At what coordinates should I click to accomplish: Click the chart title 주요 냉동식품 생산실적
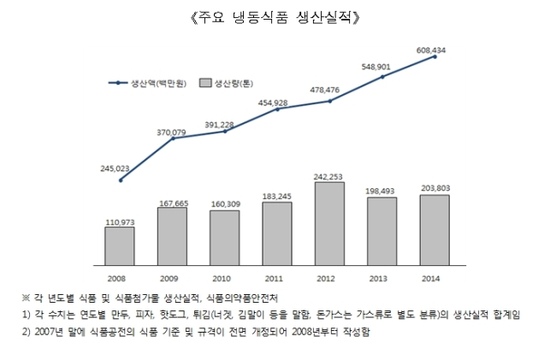click(x=275, y=18)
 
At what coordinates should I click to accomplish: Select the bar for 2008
click(x=120, y=246)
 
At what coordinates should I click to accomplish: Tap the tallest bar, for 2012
click(x=329, y=223)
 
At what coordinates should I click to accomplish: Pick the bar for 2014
click(x=435, y=230)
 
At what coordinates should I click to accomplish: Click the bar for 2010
click(x=224, y=238)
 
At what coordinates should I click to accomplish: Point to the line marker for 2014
click(x=435, y=56)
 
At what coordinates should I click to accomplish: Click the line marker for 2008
click(x=121, y=180)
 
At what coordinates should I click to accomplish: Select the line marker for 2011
click(x=277, y=109)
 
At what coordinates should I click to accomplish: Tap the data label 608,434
click(x=431, y=50)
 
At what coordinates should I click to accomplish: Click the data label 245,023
click(x=115, y=168)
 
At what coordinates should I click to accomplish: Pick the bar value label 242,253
click(x=328, y=177)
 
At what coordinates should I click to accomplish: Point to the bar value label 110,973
click(x=120, y=222)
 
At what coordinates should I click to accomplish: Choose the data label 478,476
click(x=324, y=90)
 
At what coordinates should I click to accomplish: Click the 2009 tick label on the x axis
click(x=169, y=279)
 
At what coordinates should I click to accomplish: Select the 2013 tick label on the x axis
click(x=378, y=279)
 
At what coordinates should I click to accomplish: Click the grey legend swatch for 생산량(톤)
click(x=205, y=83)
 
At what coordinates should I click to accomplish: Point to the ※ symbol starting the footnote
click(x=26, y=298)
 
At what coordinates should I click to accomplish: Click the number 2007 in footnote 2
click(x=44, y=332)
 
